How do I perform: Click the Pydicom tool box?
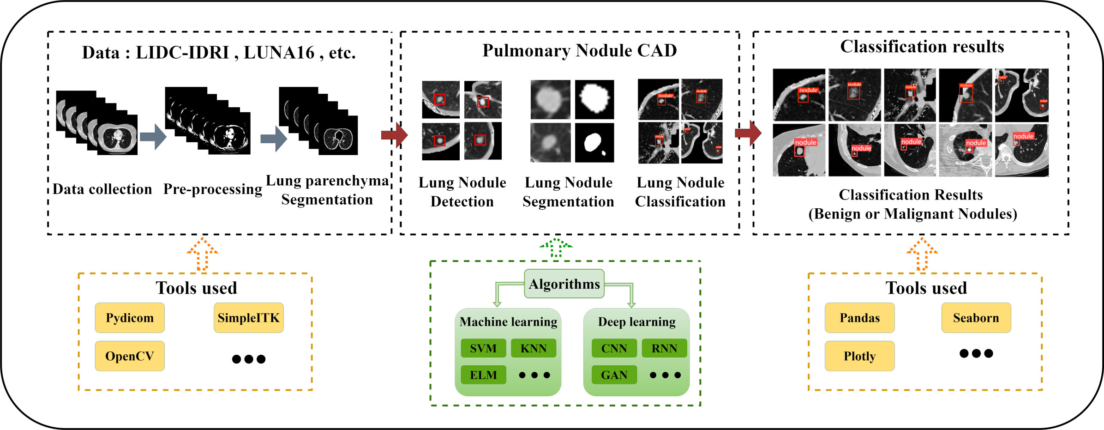coord(130,318)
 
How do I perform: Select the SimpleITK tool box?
coord(248,318)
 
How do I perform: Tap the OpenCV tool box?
coord(130,356)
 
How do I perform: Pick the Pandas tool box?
coord(859,318)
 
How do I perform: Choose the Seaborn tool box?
coord(976,318)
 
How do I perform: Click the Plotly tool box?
coord(859,356)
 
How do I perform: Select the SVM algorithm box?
coord(483,348)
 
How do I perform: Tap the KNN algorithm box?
coord(533,348)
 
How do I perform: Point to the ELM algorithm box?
coord(483,375)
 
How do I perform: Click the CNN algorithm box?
coord(614,348)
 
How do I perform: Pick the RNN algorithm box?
coord(664,348)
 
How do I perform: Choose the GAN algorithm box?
coord(614,375)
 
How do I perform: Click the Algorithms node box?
coord(564,284)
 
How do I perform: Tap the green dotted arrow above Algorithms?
coord(556,248)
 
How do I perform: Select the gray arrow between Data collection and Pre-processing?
coord(153,137)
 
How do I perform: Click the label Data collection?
coord(102,189)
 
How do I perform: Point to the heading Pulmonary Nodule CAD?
coord(579,50)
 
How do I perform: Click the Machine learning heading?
coord(508,321)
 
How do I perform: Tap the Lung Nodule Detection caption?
coord(462,192)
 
